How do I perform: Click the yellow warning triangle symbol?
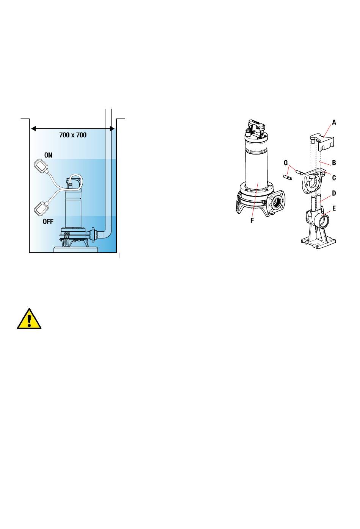coord(29,319)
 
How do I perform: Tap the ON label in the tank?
coord(48,155)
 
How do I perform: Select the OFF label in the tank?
coord(48,222)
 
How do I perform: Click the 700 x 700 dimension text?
coord(73,135)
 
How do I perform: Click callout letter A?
coord(334,122)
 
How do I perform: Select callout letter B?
coord(334,163)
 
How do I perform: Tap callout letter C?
coord(334,178)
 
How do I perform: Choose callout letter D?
coord(334,193)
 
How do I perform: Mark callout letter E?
coord(334,208)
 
